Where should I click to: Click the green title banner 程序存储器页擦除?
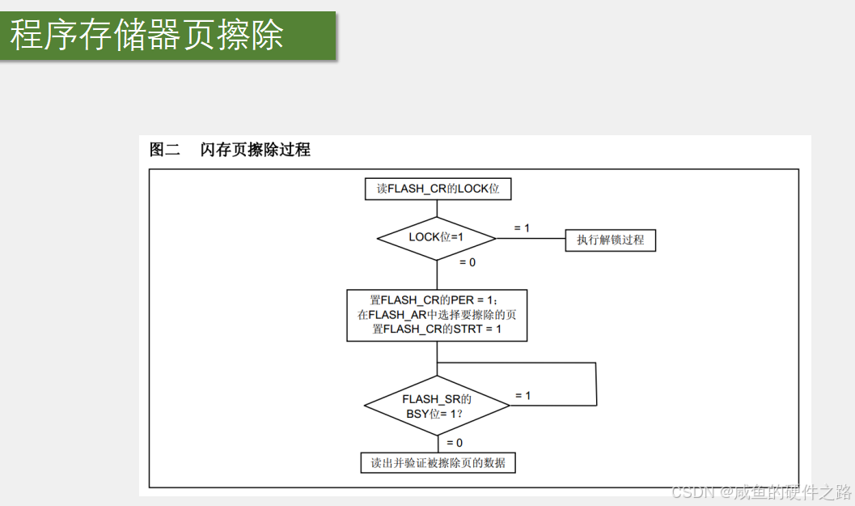167,36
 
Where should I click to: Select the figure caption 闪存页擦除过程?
256,150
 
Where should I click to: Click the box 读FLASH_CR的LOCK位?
438,189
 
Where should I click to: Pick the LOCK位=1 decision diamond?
437,238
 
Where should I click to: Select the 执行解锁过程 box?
610,240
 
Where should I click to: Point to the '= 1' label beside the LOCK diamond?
522,228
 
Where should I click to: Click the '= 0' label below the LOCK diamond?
467,262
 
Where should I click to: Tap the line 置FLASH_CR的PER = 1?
437,300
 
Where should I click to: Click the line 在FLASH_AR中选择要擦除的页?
437,315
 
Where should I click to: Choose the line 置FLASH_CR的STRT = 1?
437,330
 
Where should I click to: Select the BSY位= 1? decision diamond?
437,406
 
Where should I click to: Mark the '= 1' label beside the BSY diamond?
523,396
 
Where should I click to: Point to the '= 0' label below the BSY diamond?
455,443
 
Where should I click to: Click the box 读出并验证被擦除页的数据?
438,463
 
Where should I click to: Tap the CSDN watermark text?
761,492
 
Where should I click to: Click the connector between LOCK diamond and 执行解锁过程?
530,239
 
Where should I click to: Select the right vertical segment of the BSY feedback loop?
596,384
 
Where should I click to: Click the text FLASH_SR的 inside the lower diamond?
437,399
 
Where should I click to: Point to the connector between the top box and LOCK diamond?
437,208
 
